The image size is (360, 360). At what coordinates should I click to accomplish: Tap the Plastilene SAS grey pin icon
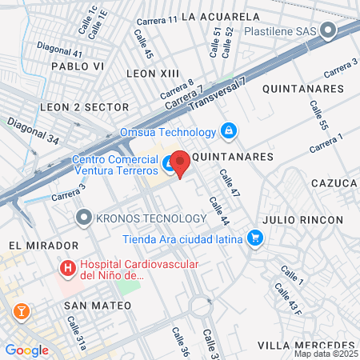point(328,31)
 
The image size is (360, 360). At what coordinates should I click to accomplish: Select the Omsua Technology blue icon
point(229,130)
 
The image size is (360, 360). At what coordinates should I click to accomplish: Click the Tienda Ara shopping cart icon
point(255,237)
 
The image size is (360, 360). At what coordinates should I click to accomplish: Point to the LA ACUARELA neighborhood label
point(221,16)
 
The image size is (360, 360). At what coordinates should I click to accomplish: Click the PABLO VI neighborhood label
point(75,66)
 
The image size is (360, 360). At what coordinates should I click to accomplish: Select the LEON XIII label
point(152,73)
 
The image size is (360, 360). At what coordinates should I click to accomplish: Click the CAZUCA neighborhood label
point(334,183)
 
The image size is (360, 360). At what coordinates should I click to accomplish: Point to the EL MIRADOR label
point(43,245)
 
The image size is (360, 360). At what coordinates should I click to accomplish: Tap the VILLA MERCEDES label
point(306,345)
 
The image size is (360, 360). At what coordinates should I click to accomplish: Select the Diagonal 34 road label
point(34,131)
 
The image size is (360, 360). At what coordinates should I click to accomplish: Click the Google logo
point(26,350)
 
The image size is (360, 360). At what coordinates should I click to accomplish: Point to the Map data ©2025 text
point(325,354)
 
